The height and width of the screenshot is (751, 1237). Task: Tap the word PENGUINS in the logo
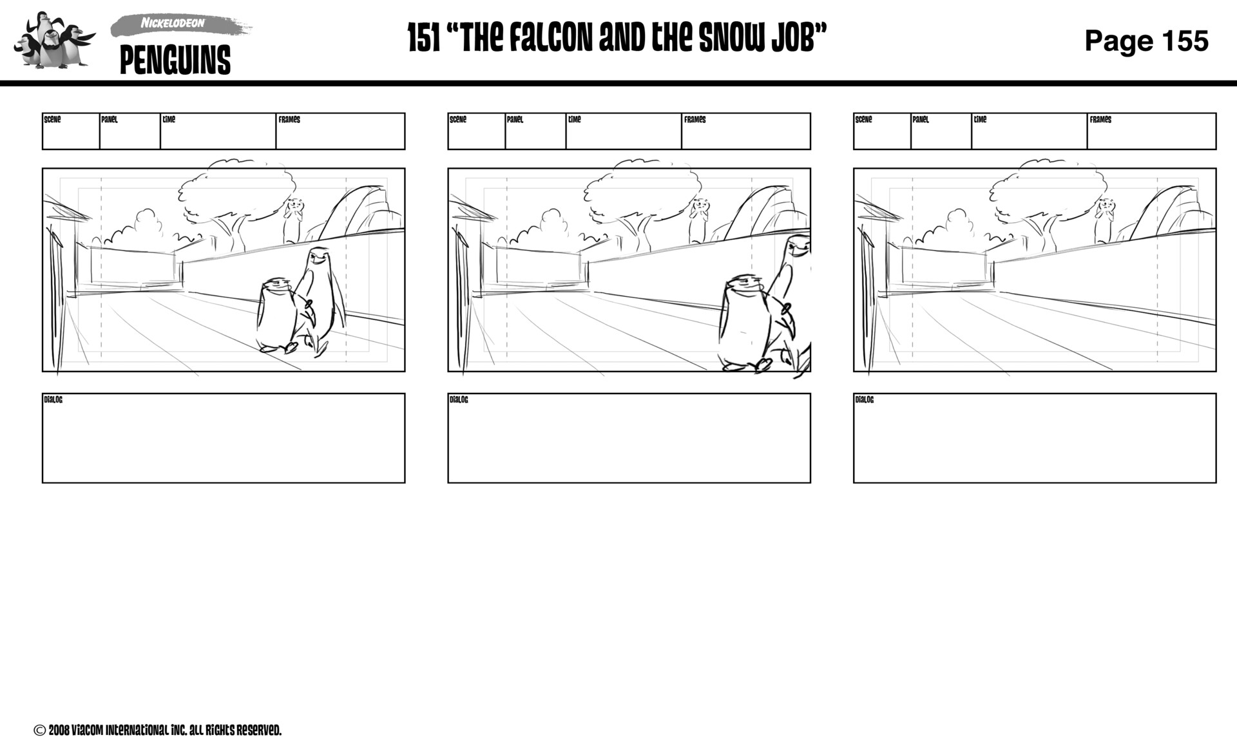[175, 61]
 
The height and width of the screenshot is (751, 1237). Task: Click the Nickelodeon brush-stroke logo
[177, 24]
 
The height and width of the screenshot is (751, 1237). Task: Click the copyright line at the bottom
[158, 730]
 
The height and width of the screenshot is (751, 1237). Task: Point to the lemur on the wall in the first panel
[294, 219]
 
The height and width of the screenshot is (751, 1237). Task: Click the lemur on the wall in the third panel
[1105, 219]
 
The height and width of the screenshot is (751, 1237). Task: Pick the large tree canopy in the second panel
[643, 187]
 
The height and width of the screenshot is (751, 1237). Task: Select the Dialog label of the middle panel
[459, 400]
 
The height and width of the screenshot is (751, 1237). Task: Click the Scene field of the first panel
[71, 132]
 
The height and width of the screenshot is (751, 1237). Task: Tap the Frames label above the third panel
[1100, 120]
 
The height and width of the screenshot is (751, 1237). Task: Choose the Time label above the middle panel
[574, 120]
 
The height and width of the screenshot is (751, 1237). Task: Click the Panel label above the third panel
[921, 120]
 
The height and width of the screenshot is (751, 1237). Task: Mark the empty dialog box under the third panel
[1035, 441]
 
